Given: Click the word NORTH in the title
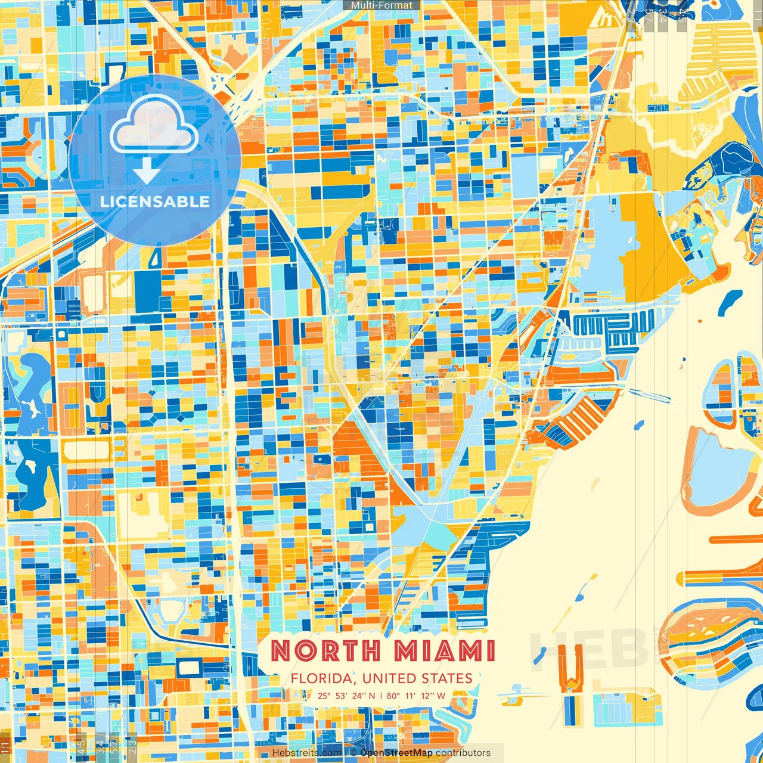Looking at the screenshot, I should point(325,651).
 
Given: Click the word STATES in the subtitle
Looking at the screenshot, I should point(447,678).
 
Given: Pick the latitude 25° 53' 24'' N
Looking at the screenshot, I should point(346,696).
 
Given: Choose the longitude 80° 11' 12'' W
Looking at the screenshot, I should point(416,696).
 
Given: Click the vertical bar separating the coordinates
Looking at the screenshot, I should point(381,696).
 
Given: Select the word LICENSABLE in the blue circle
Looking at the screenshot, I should point(155,201).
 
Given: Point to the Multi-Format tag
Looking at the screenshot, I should point(381,5).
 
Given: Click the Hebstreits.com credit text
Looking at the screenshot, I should point(306,753).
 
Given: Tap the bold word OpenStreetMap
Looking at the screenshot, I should point(396,753).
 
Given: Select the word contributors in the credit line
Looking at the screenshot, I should point(463,753).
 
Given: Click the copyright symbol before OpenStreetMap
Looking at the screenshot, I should point(353,753).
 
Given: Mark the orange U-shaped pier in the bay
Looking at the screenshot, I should point(570,671).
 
